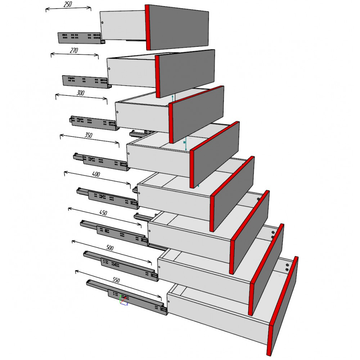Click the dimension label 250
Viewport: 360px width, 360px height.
(x=68, y=4)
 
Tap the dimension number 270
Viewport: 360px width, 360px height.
(x=74, y=50)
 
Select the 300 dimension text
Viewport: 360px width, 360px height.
(x=80, y=93)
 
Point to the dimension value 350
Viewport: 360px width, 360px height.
(x=89, y=135)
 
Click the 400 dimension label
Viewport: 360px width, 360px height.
(x=96, y=174)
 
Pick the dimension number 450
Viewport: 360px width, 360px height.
(x=103, y=213)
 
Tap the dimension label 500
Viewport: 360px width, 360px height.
(x=110, y=248)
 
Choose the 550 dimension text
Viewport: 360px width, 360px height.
(x=116, y=280)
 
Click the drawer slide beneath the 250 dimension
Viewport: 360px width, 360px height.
(x=81, y=38)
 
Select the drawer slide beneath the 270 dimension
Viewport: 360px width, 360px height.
(x=86, y=81)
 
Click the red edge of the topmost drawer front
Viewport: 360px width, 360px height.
(x=148, y=27)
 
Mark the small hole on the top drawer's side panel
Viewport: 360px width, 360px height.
(x=102, y=23)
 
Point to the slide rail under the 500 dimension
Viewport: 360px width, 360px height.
(x=121, y=266)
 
